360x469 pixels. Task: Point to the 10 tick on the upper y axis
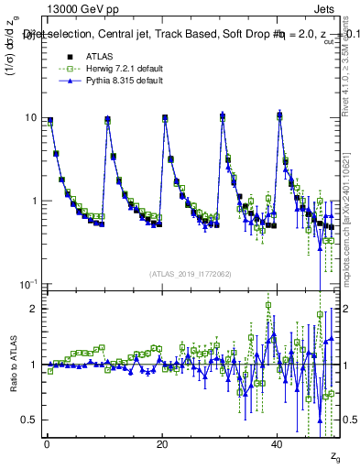32,118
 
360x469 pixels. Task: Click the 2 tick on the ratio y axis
35,309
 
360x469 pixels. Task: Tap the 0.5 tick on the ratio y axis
30,420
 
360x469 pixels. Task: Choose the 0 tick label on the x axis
47,443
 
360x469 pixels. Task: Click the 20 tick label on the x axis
162,443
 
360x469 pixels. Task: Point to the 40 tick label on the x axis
277,443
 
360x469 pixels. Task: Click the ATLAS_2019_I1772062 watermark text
191,273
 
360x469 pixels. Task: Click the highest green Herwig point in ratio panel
267,305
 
